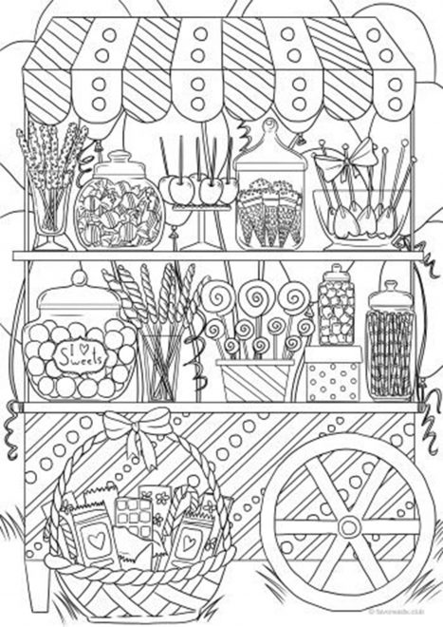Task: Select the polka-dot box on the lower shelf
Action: click(x=333, y=377)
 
